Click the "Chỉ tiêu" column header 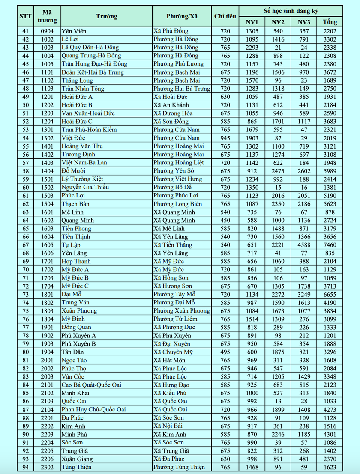[225, 16]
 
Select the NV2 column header [278, 22]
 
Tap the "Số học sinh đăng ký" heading [291, 10]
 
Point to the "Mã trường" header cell [47, 16]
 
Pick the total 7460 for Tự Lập [330, 245]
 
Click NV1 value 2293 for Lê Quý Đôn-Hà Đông [252, 48]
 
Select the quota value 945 [225, 138]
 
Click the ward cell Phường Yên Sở [174, 171]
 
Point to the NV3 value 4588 [304, 245]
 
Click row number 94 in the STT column [25, 467]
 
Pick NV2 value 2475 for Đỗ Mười [278, 171]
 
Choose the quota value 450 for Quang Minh [225, 221]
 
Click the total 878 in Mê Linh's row [330, 212]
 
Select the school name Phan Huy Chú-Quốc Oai [93, 410]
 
